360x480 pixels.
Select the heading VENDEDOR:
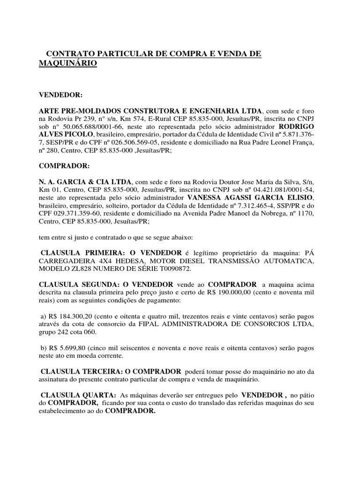[60, 95]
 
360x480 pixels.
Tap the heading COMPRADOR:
[63, 166]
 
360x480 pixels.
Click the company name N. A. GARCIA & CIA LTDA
[86, 181]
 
